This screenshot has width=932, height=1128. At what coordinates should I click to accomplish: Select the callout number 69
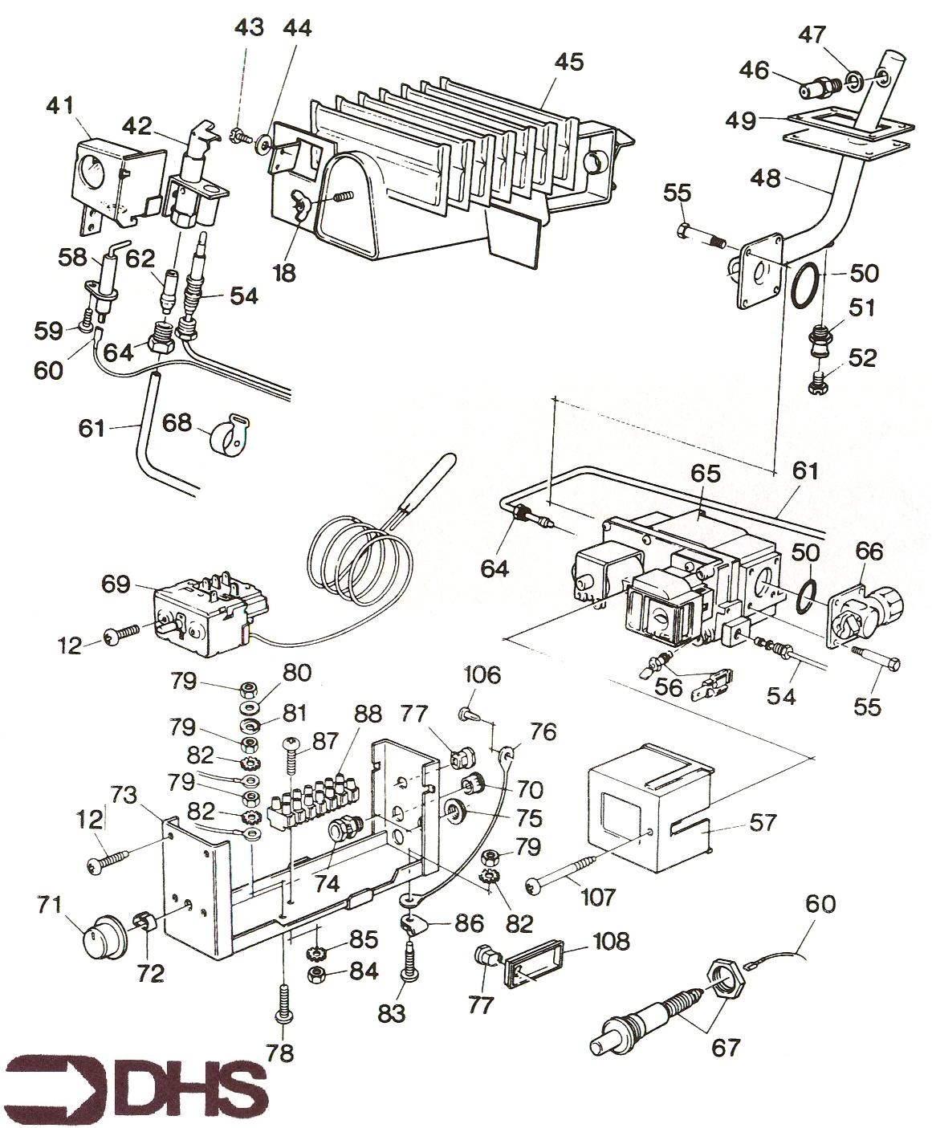[x=115, y=583]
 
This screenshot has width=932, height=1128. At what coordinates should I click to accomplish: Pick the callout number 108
[x=612, y=940]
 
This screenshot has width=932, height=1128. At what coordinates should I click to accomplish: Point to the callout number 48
[x=767, y=178]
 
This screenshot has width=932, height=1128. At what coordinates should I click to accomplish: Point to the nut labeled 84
[x=318, y=974]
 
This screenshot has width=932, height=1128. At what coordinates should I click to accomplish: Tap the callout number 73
[x=124, y=796]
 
